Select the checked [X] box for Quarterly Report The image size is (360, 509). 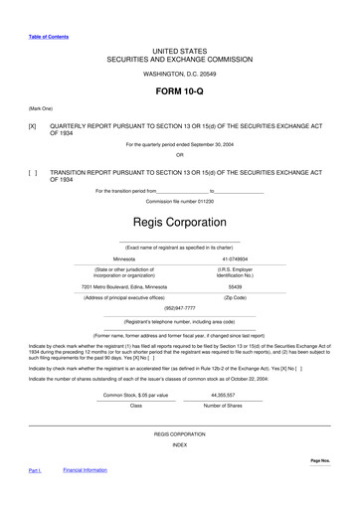pos(33,127)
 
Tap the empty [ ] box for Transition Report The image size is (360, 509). pos(33,172)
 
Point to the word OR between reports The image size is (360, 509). pos(179,155)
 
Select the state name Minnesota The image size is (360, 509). pos(130,257)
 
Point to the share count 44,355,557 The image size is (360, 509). pos(228,394)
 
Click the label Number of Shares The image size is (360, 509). pos(228,406)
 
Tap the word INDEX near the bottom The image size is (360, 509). pos(179,444)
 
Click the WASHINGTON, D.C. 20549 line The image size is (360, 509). pos(179,73)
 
